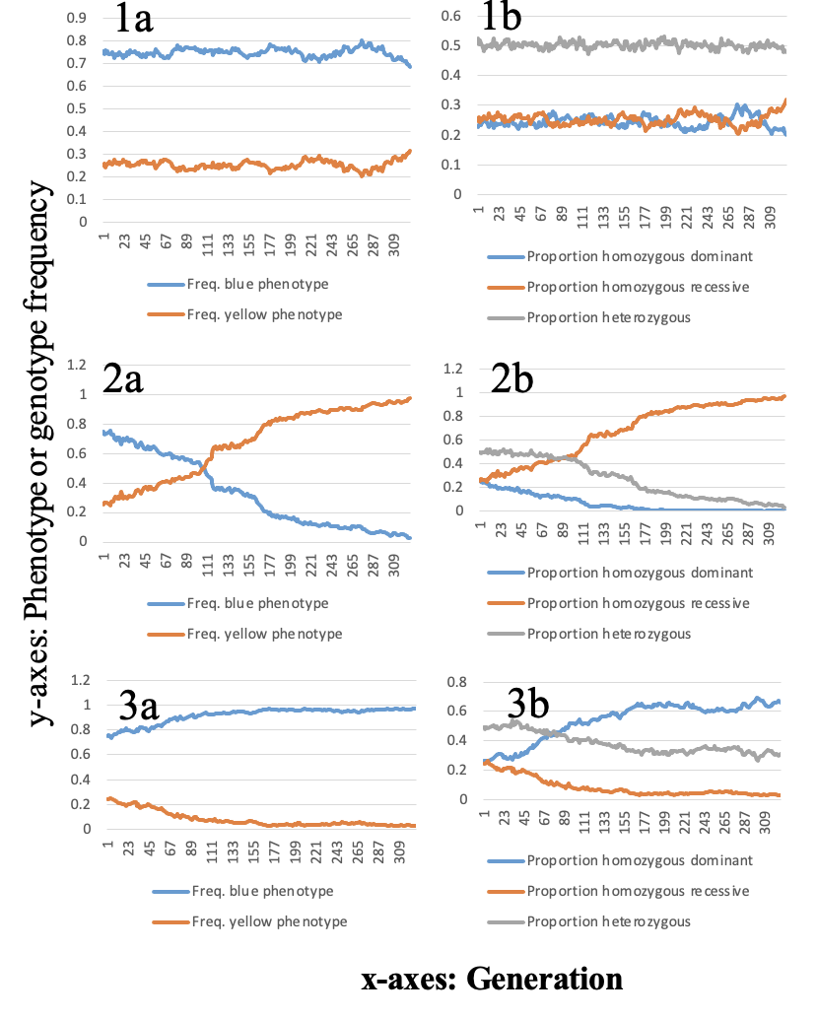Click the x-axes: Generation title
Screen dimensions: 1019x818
(493, 979)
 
